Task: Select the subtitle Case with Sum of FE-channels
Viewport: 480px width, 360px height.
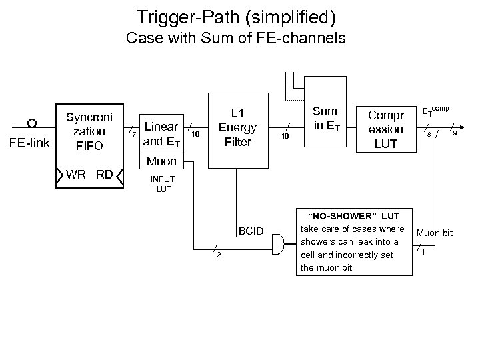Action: (235, 39)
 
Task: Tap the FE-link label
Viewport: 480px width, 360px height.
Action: (31, 142)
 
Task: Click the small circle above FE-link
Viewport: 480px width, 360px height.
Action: (31, 122)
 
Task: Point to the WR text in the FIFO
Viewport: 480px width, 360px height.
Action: (77, 175)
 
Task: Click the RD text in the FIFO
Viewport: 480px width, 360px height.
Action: (105, 175)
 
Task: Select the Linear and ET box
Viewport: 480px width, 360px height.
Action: (161, 133)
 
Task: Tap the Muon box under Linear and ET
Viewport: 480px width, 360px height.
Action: (161, 161)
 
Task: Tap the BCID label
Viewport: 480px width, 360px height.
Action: (251, 231)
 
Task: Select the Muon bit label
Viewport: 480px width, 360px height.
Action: (434, 233)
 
